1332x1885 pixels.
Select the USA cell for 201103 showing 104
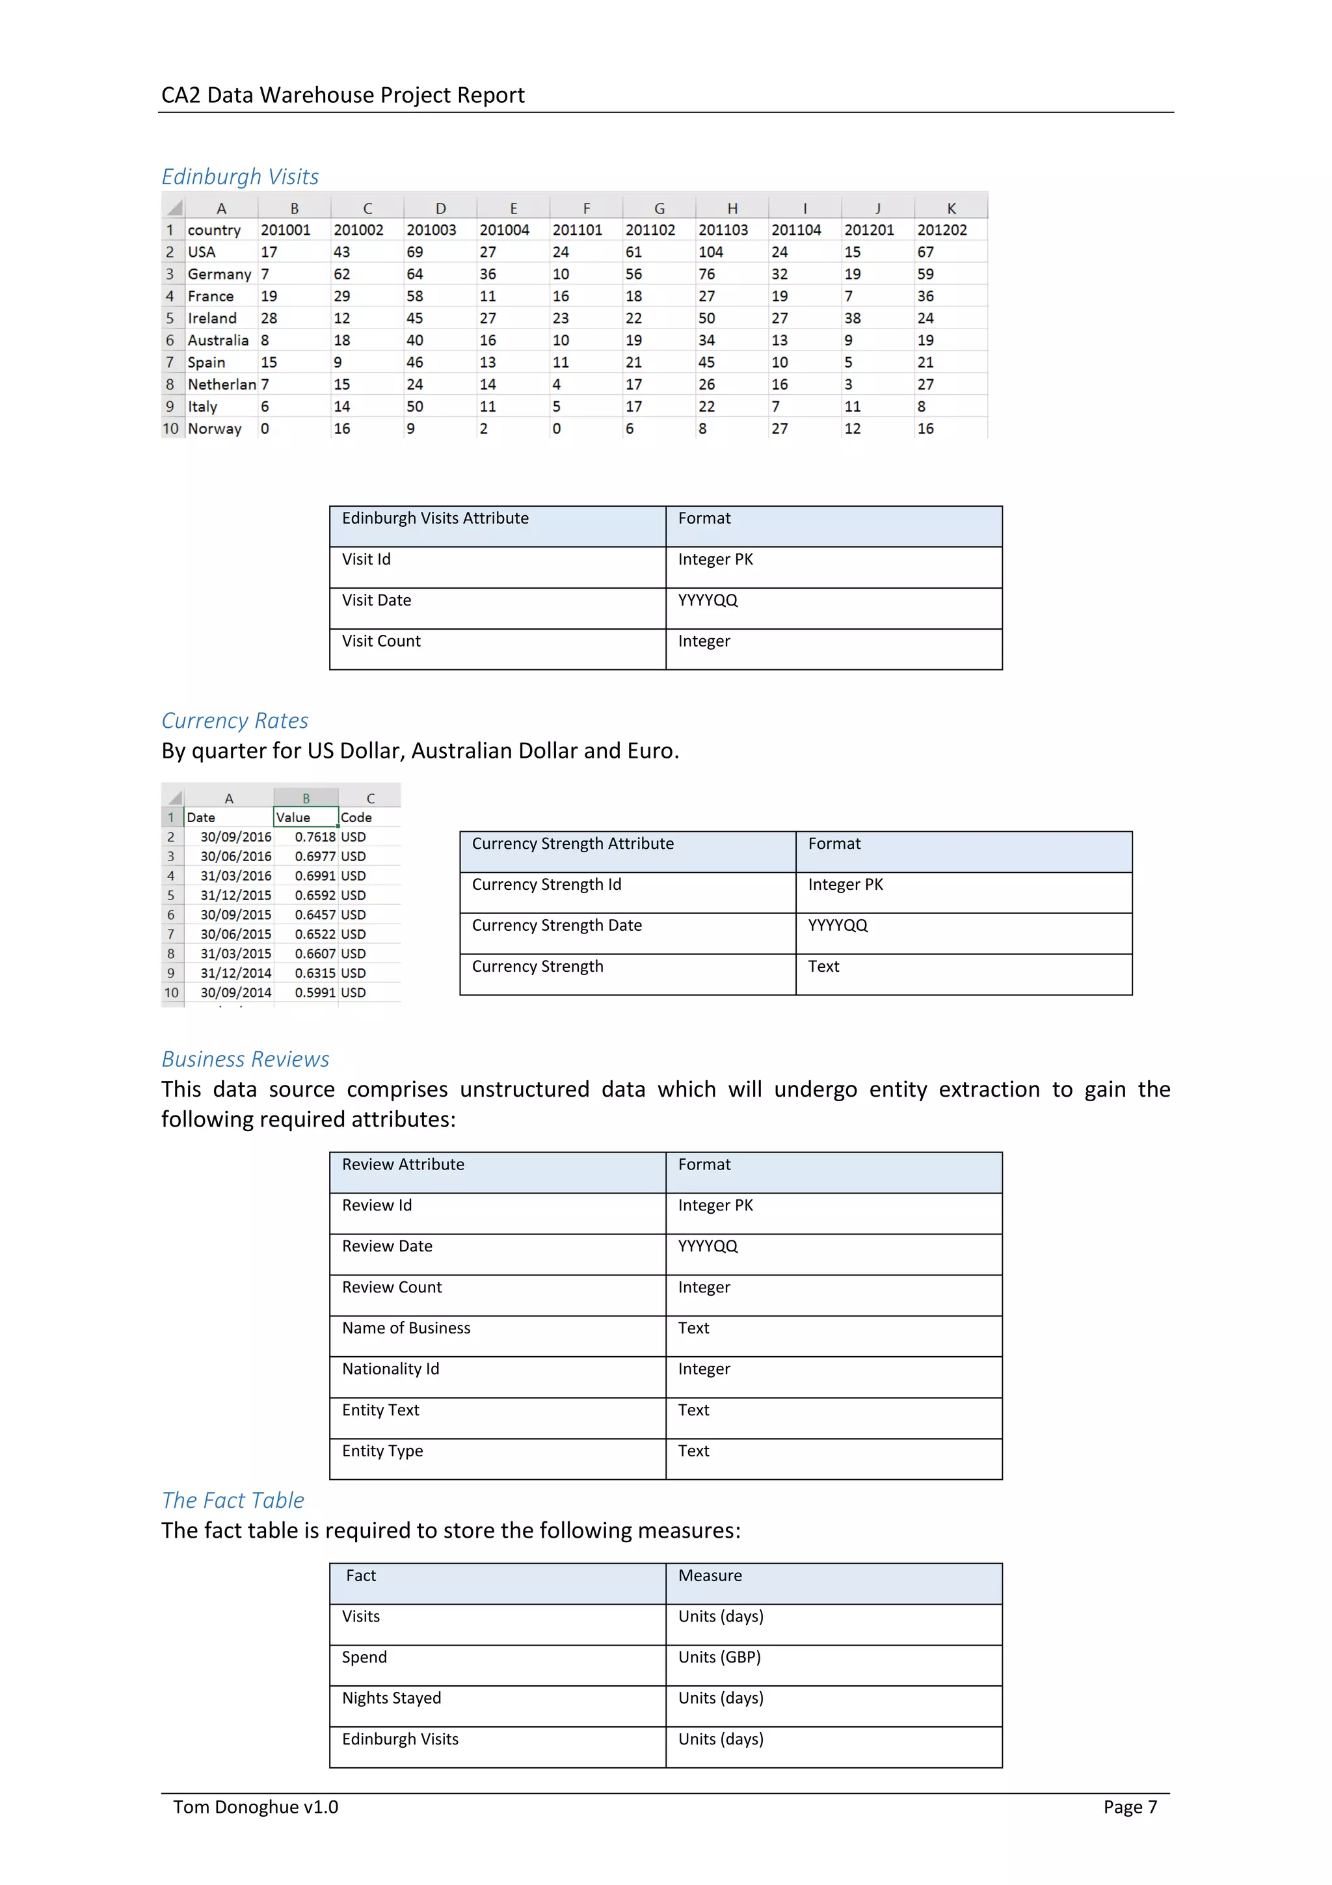711,252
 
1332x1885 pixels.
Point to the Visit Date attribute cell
377,600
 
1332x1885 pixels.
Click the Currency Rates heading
235,720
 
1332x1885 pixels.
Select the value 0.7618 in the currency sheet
315,836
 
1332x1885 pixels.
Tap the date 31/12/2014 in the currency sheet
235,973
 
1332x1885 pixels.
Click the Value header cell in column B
294,817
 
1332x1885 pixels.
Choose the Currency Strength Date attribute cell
557,925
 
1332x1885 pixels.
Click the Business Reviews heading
245,1059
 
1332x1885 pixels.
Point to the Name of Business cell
406,1328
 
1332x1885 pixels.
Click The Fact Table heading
233,1500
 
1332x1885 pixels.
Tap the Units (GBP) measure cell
719,1657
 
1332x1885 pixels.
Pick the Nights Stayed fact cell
392,1698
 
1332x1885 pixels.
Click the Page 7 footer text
1129,1807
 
